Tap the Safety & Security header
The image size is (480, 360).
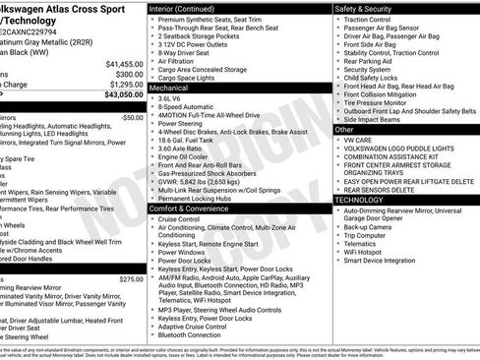365,8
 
